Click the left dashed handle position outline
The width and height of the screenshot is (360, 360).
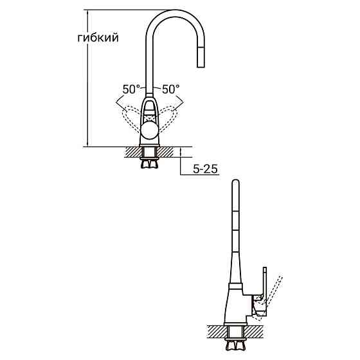[131, 118]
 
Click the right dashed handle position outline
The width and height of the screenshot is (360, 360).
[169, 118]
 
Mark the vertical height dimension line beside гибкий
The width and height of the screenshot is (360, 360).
[87, 77]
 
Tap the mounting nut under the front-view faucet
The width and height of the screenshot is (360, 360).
[150, 162]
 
